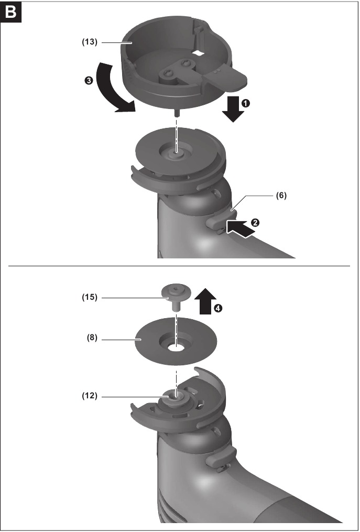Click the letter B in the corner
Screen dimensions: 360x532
pos(11,12)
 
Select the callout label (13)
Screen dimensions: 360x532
pos(90,42)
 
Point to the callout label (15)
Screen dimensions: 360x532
pos(90,298)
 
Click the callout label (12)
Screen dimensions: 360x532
pos(90,396)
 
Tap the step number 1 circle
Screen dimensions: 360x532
pos(246,103)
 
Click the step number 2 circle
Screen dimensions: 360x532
pos(255,223)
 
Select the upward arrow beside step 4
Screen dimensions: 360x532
pos(205,301)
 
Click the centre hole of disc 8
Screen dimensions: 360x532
pos(176,348)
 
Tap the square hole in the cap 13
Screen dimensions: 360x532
pos(198,52)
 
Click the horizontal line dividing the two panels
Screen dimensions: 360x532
pos(179,266)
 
